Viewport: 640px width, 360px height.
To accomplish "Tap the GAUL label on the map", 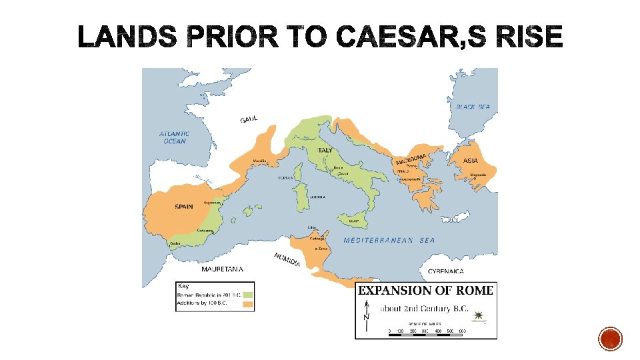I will pyautogui.click(x=249, y=119).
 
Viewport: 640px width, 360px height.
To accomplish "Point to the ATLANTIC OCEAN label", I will pyautogui.click(x=174, y=137).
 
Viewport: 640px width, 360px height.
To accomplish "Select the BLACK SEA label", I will pyautogui.click(x=473, y=107).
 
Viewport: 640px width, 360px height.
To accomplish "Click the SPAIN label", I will pyautogui.click(x=184, y=207).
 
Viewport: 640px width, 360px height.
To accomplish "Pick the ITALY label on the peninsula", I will pyautogui.click(x=324, y=151).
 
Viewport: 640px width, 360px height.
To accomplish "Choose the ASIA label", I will pyautogui.click(x=473, y=161).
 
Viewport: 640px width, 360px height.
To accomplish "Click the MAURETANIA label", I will pyautogui.click(x=222, y=269).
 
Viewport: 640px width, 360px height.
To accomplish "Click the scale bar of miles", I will pyautogui.click(x=427, y=331).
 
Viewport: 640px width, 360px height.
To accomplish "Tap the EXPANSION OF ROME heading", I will pyautogui.click(x=425, y=290).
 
